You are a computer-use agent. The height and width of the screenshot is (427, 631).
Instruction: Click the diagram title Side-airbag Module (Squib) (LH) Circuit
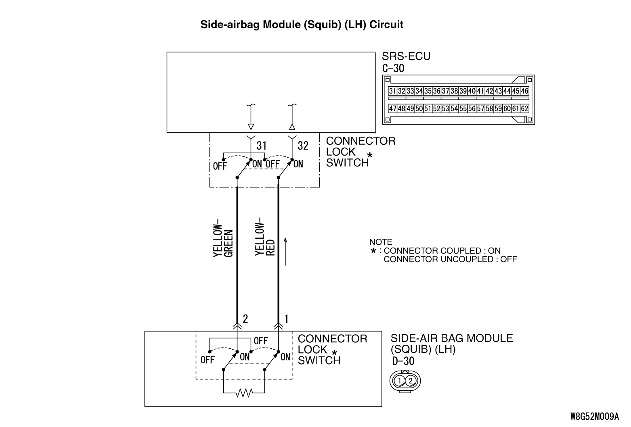[302, 25]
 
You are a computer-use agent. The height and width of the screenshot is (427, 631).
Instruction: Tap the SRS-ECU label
[406, 56]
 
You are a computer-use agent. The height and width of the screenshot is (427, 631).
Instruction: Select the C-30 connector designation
[393, 68]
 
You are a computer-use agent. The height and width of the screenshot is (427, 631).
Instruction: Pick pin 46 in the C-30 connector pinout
[524, 91]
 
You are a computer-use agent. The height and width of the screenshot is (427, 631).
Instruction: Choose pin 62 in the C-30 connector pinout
[524, 108]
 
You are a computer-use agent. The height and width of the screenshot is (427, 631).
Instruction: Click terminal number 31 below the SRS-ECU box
[262, 146]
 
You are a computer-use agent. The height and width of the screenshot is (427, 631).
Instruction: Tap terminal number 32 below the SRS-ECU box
[303, 146]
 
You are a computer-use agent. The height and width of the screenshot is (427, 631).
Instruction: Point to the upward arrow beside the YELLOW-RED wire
[285, 251]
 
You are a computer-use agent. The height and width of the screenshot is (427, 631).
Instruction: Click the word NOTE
[381, 242]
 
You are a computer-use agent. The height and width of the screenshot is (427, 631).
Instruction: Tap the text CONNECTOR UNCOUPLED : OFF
[450, 259]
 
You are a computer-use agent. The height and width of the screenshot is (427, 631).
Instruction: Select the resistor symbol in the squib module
[244, 392]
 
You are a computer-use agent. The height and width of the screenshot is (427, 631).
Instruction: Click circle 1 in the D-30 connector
[399, 381]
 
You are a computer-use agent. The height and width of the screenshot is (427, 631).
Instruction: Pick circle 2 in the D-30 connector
[411, 381]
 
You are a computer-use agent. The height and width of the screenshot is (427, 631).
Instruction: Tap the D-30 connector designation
[403, 361]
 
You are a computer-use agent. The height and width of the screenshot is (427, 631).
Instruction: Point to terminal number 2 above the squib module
[245, 319]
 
